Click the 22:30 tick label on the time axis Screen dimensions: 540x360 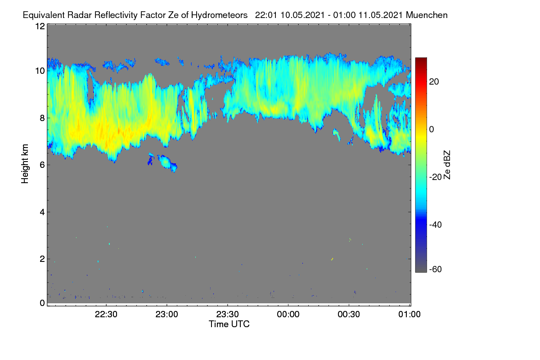pyautogui.click(x=106, y=315)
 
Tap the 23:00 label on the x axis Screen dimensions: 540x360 pyautogui.click(x=166, y=315)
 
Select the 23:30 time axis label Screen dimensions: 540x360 pyautogui.click(x=227, y=315)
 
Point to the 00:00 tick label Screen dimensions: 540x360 pyautogui.click(x=288, y=315)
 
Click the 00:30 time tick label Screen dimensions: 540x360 pyautogui.click(x=349, y=315)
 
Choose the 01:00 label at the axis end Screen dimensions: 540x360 pyautogui.click(x=409, y=315)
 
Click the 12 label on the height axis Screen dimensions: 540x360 pyautogui.click(x=40, y=26)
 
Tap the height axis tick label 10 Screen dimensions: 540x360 pyautogui.click(x=40, y=71)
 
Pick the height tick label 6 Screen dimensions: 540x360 pyautogui.click(x=43, y=165)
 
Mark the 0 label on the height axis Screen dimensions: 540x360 pyautogui.click(x=43, y=303)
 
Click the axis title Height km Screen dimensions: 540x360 pyautogui.click(x=25, y=164)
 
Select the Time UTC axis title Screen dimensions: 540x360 pyautogui.click(x=229, y=324)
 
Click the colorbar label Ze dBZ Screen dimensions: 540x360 pyautogui.click(x=447, y=165)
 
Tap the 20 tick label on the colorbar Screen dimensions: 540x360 pyautogui.click(x=434, y=82)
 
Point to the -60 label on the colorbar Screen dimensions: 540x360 pyautogui.click(x=436, y=269)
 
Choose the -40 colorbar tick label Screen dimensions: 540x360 pyautogui.click(x=436, y=225)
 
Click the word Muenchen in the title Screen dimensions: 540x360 pyautogui.click(x=427, y=15)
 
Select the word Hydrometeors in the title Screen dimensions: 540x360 pyautogui.click(x=219, y=15)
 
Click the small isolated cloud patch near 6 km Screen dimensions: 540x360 pyautogui.click(x=167, y=163)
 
